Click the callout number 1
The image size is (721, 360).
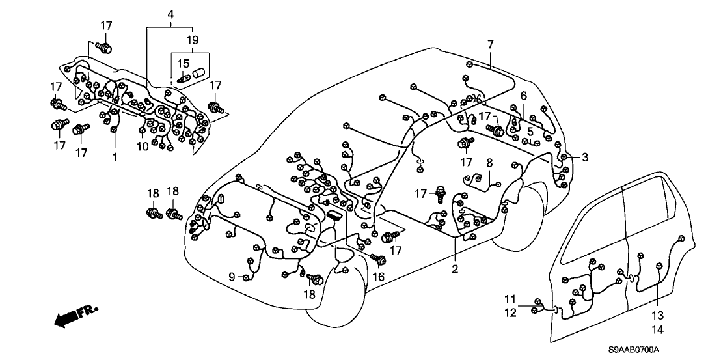(114, 158)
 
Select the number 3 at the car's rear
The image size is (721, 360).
(585, 157)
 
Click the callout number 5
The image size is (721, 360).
(530, 131)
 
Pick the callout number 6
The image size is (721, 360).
(523, 96)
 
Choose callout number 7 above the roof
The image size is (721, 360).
(490, 44)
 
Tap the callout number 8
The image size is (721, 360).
(489, 162)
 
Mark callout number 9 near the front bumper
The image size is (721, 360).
(231, 277)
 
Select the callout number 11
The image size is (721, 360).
(510, 299)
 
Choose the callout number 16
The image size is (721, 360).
(378, 277)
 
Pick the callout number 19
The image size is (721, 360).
(192, 40)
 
